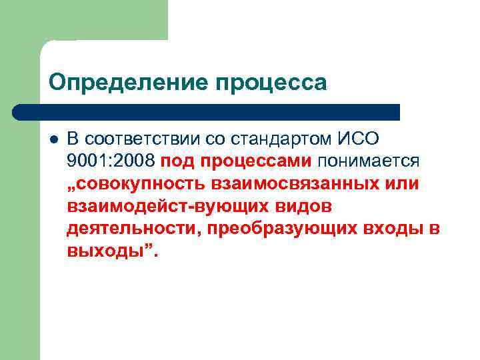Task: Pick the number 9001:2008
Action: point(111,161)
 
